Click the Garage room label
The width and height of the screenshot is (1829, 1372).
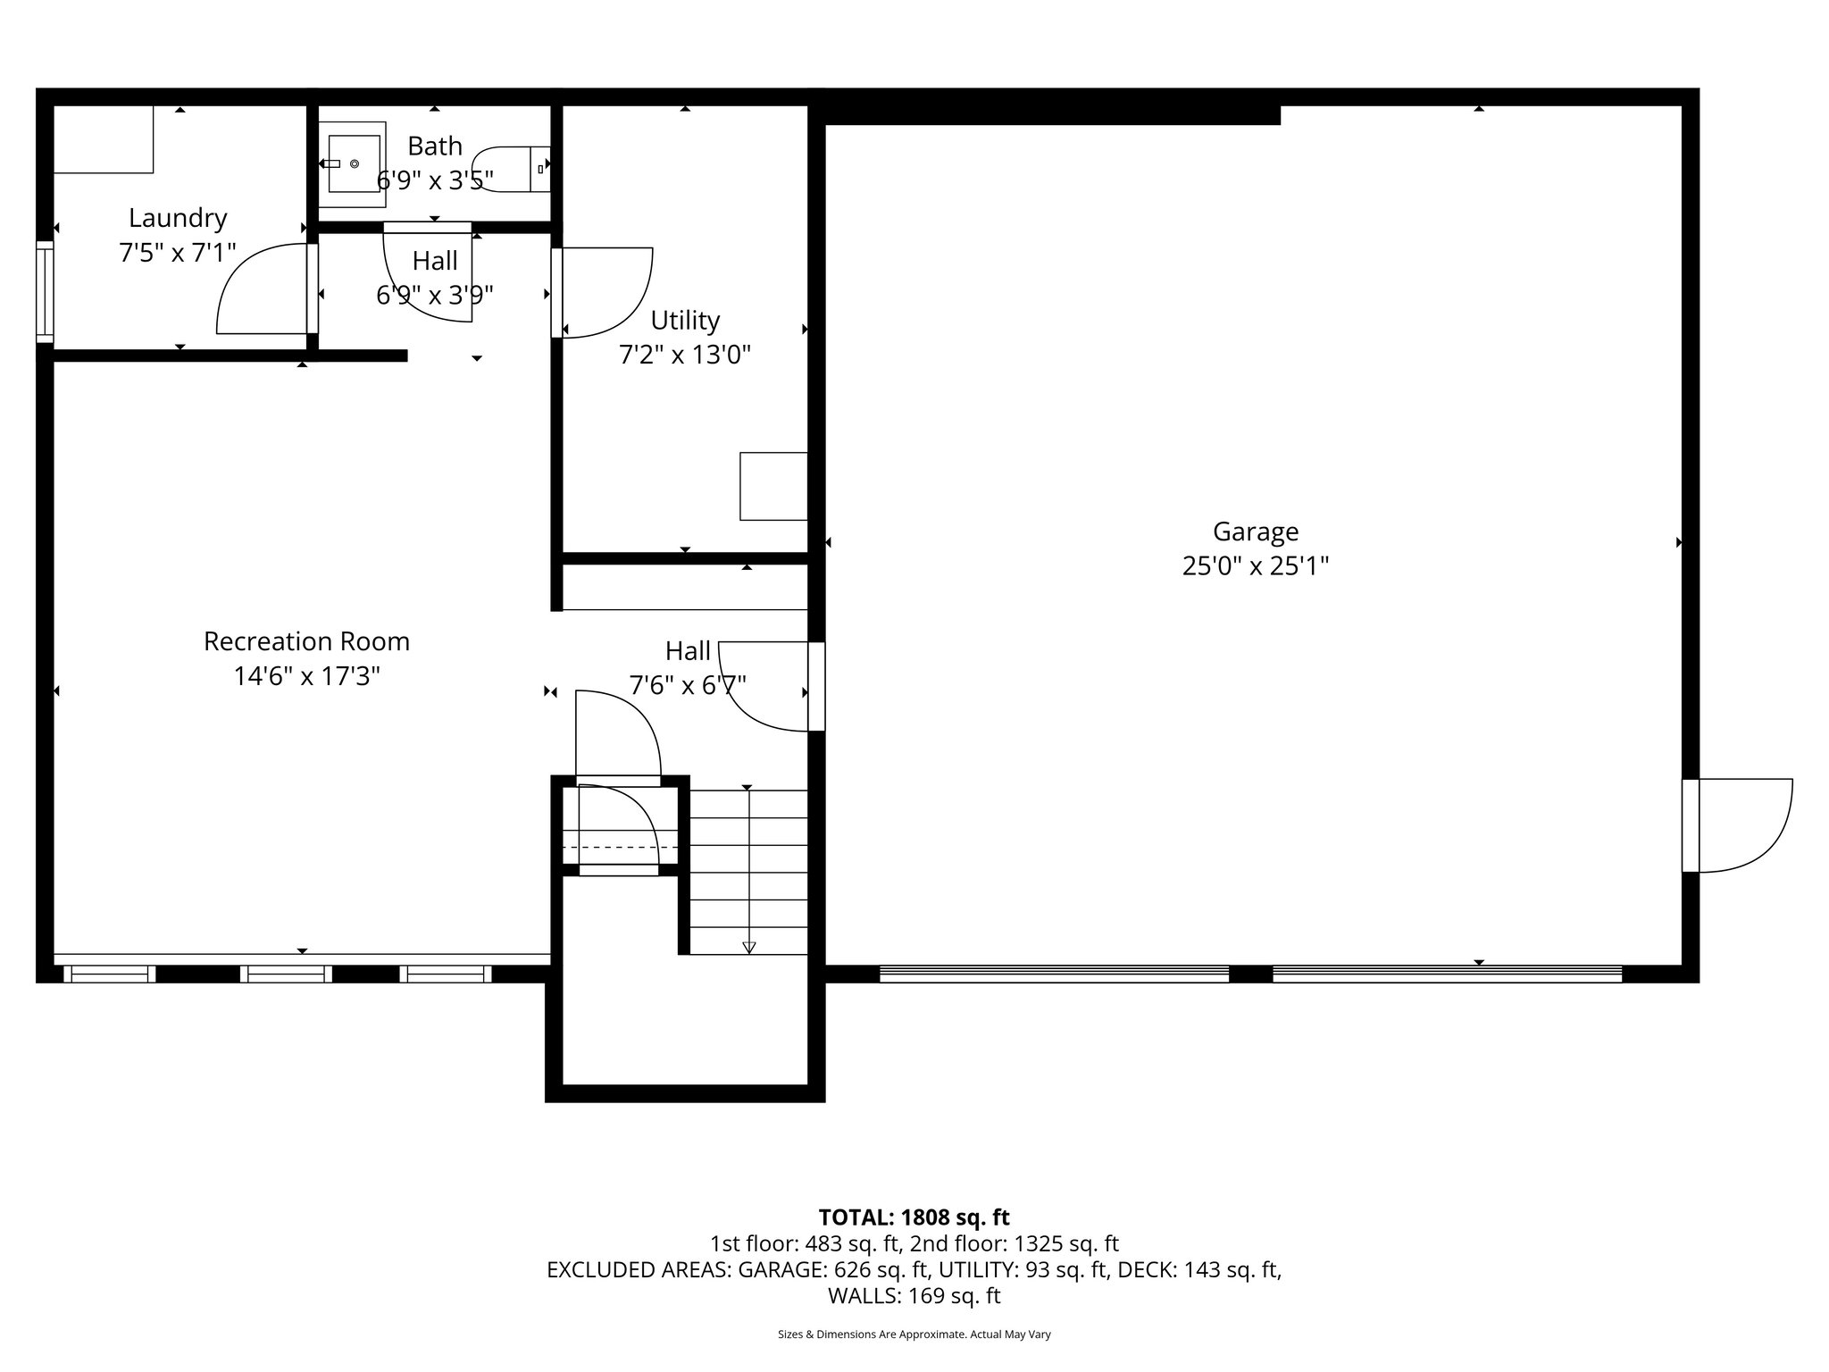(x=1255, y=531)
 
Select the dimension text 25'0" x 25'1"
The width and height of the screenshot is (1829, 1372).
(x=1255, y=566)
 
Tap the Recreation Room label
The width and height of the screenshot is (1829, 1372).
(x=306, y=641)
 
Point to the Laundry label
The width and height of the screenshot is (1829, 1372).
(x=178, y=218)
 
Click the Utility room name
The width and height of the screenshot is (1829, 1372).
(x=685, y=320)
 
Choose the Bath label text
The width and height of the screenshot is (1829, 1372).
(x=435, y=146)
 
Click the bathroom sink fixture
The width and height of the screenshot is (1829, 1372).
(x=355, y=163)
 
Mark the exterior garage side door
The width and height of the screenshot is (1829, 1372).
(x=1741, y=825)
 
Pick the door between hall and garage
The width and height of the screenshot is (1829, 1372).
(x=768, y=686)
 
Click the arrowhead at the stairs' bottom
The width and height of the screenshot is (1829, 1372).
(x=748, y=948)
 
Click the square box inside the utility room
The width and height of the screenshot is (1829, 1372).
(x=773, y=486)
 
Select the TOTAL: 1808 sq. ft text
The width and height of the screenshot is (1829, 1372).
(x=914, y=1217)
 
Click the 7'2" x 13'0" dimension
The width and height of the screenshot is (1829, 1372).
(x=685, y=356)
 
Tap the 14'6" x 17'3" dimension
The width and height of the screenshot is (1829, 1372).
(x=306, y=677)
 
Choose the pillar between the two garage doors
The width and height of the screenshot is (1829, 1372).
(x=1250, y=974)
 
